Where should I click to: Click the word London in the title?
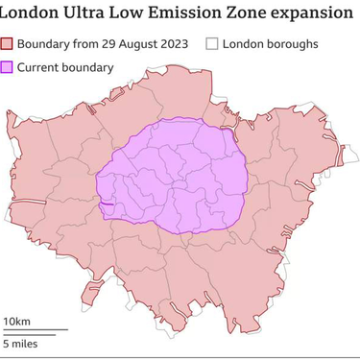click(x=32, y=14)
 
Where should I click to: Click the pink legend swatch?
click(x=8, y=44)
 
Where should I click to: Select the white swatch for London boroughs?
click(x=213, y=44)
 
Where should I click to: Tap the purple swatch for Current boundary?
click(x=8, y=67)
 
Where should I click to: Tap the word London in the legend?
click(x=249, y=44)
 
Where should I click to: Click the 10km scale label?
click(x=16, y=320)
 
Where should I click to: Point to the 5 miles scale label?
click(x=20, y=343)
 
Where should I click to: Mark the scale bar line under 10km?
click(x=34, y=330)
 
